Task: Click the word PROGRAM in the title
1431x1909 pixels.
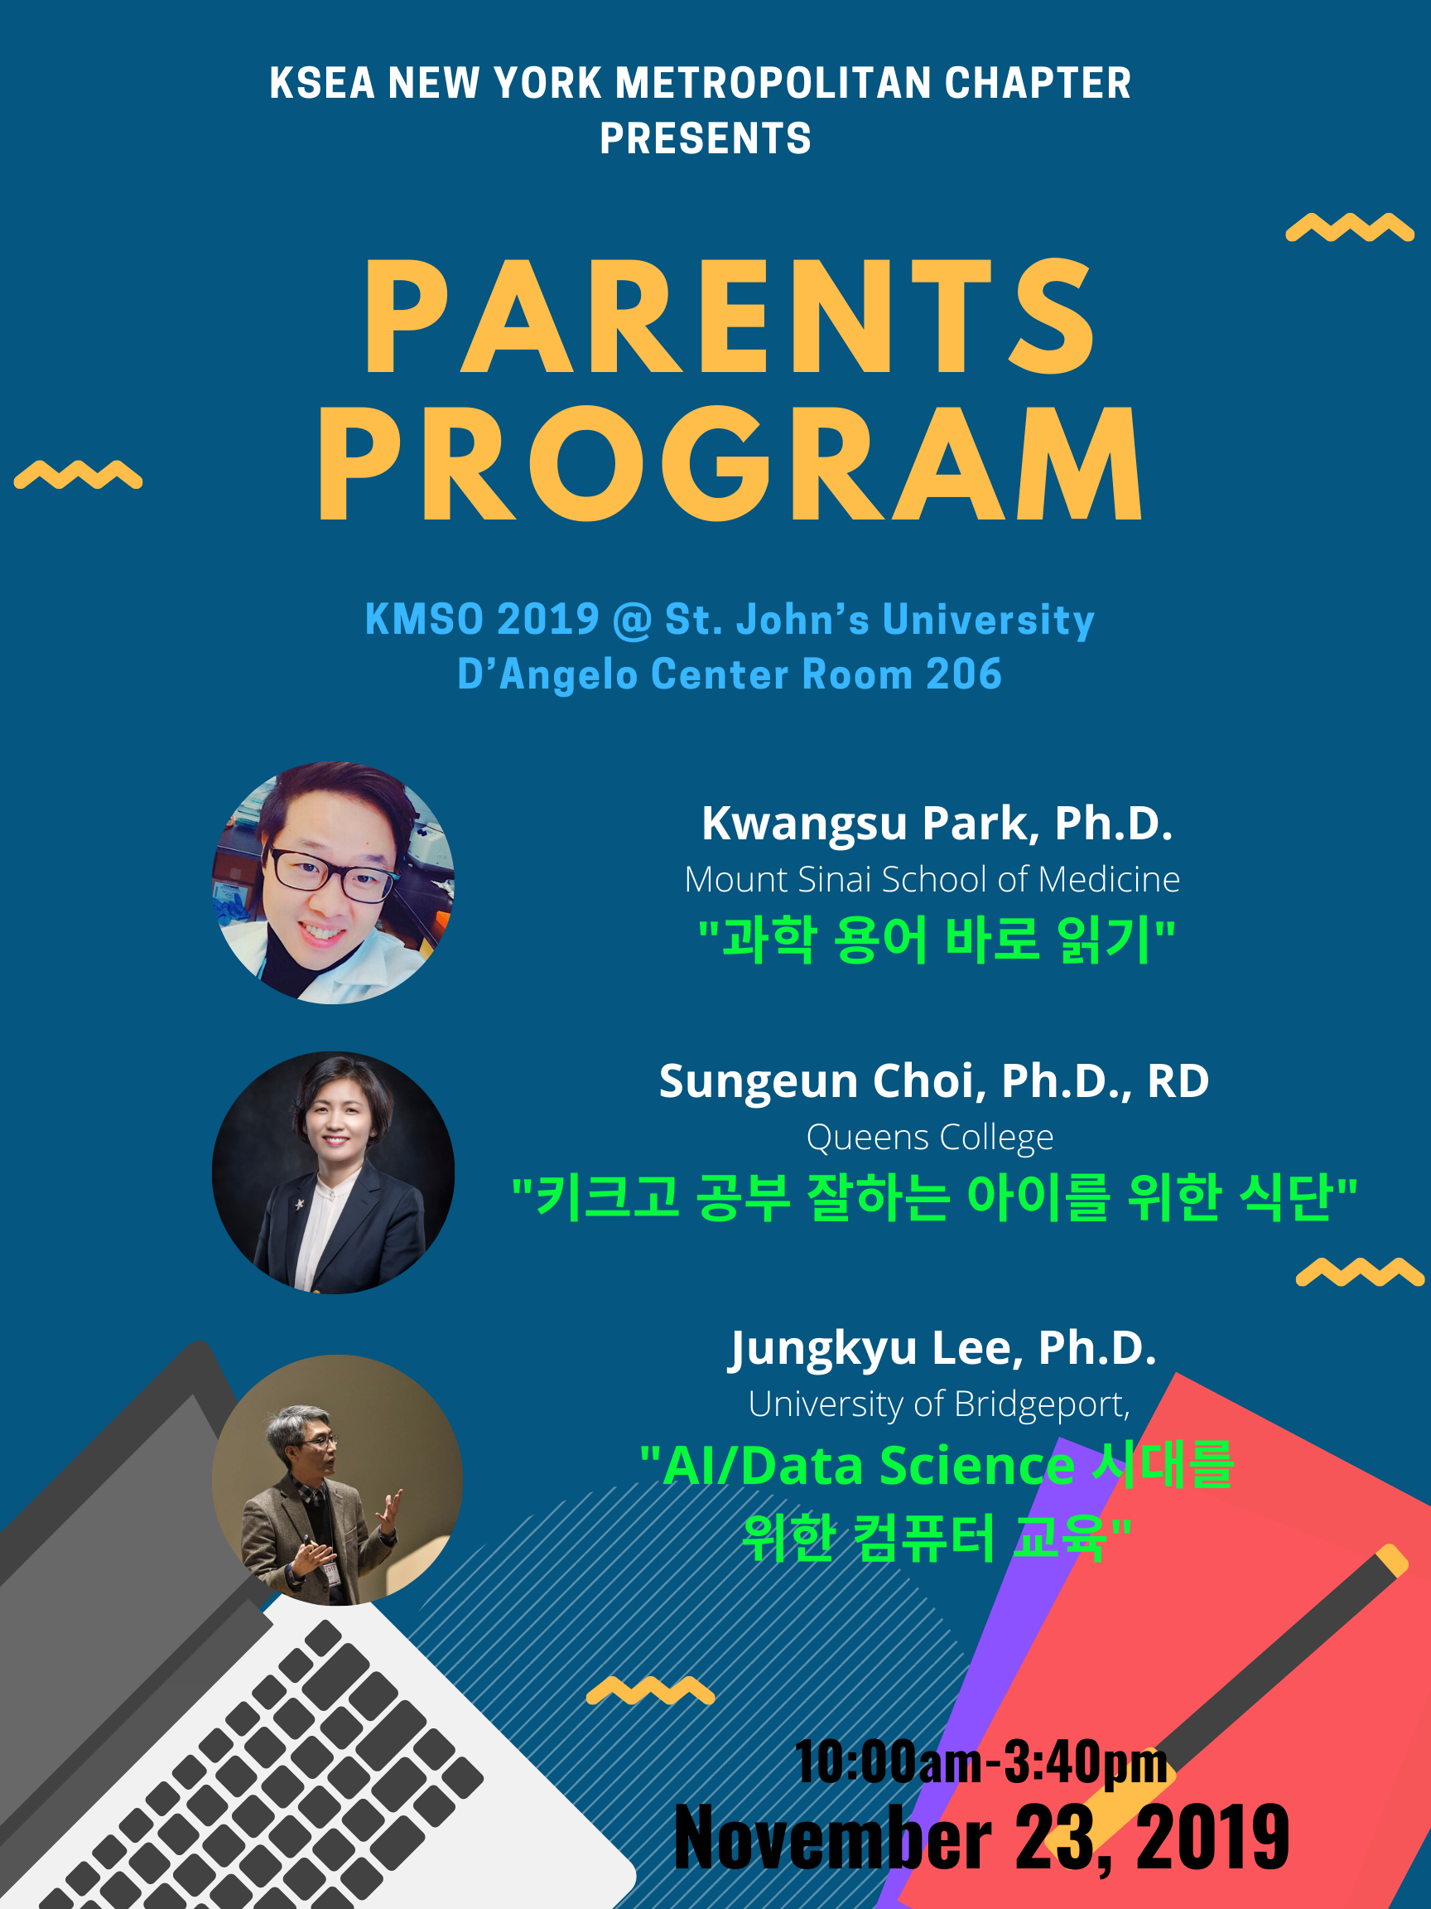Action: click(730, 463)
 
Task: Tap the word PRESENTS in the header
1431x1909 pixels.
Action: click(706, 138)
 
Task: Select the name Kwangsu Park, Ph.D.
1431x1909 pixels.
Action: click(937, 823)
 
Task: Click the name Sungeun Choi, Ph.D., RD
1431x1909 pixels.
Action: click(934, 1080)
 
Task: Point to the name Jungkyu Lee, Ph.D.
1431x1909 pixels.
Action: click(942, 1348)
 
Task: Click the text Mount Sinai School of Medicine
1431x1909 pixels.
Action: click(932, 879)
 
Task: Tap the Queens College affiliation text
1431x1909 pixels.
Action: click(930, 1138)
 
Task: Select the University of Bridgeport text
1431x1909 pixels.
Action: click(938, 1404)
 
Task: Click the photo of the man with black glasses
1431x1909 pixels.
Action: click(333, 882)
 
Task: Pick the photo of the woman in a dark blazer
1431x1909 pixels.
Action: click(333, 1172)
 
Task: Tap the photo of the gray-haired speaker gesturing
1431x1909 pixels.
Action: click(337, 1480)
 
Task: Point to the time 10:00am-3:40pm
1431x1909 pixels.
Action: click(981, 1761)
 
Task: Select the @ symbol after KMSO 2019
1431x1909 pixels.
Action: click(631, 621)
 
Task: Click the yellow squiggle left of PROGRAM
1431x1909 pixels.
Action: click(79, 475)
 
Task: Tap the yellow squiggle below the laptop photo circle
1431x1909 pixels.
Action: click(650, 1689)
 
